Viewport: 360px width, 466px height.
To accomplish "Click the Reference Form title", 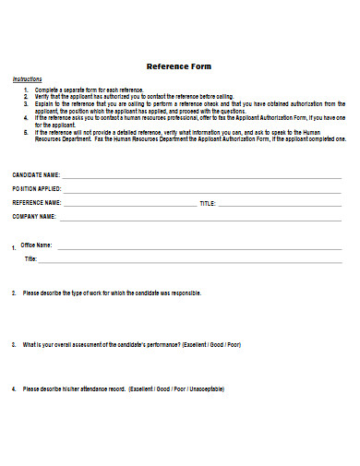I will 180,66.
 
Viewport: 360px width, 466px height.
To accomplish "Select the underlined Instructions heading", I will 27,80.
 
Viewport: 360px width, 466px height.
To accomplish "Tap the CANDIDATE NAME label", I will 36,174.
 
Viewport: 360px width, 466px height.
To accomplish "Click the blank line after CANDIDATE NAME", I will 203,175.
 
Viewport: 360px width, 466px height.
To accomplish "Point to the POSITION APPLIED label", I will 37,188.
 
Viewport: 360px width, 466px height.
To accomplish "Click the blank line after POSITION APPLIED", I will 203,189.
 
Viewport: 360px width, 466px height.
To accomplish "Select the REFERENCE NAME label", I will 37,202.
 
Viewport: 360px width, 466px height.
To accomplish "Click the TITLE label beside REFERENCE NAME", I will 208,202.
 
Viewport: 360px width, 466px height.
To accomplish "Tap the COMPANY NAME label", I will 34,216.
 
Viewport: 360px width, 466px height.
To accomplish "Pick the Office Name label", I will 37,245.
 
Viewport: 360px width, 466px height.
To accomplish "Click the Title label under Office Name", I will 30,259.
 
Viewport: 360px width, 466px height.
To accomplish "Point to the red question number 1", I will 14,248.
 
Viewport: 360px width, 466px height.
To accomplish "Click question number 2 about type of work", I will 14,293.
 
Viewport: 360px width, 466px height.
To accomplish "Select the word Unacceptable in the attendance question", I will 202,388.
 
